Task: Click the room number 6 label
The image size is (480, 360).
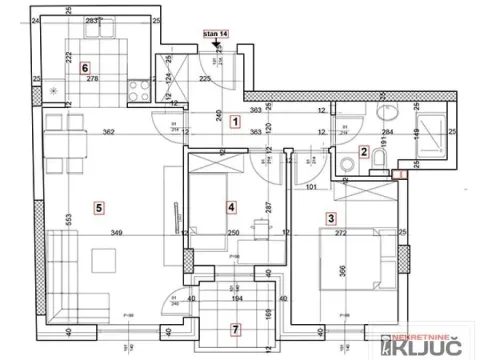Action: pos(71,68)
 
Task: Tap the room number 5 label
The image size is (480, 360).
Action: pos(98,207)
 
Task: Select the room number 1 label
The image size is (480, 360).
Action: pos(235,123)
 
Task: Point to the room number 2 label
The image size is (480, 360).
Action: pos(364,152)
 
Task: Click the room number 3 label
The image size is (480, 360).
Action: pos(331,216)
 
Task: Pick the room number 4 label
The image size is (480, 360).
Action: pos(231,207)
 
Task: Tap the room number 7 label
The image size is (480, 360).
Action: pos(235,329)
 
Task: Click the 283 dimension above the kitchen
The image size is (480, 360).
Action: pos(92,21)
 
